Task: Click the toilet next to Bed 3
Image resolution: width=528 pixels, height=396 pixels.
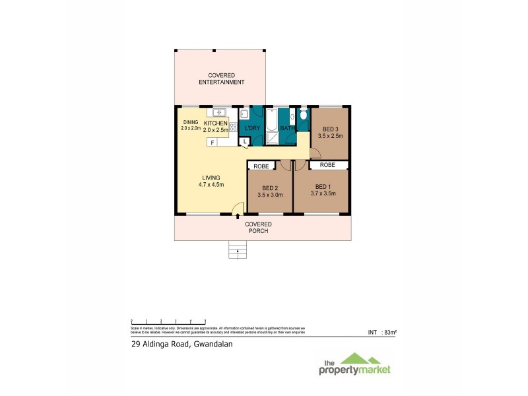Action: click(303, 116)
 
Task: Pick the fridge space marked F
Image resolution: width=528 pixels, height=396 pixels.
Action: click(213, 142)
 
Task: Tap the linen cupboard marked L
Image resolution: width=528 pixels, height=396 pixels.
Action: click(244, 141)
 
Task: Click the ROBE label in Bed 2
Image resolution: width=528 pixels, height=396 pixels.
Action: click(261, 166)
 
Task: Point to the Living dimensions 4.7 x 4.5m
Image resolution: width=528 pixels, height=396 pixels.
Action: click(211, 185)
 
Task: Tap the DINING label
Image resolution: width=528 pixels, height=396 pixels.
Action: click(191, 123)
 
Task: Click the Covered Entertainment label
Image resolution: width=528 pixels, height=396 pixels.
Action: click(222, 79)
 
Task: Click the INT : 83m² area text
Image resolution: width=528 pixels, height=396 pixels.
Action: click(382, 332)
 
